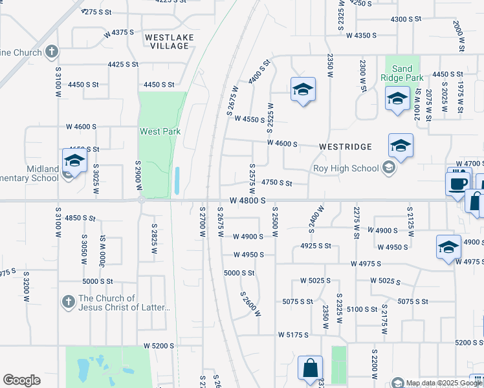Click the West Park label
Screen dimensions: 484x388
(x=160, y=131)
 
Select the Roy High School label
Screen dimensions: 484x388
(x=346, y=169)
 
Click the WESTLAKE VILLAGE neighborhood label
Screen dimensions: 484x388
(x=169, y=42)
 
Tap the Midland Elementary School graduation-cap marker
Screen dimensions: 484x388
(x=74, y=162)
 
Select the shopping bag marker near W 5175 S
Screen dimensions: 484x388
(x=310, y=368)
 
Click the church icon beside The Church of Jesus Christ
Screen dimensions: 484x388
(x=68, y=302)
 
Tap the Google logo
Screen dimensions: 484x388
(x=21, y=380)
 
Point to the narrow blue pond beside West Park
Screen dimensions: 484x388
(x=177, y=181)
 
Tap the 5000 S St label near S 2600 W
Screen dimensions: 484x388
(x=239, y=273)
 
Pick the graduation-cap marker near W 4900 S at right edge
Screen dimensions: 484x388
(x=448, y=248)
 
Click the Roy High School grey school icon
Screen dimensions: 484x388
(x=388, y=169)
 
